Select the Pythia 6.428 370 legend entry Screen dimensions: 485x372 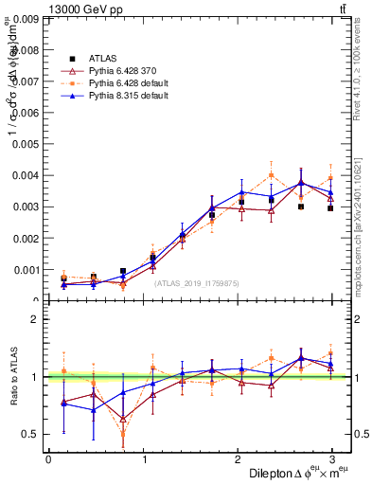click(x=118, y=71)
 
